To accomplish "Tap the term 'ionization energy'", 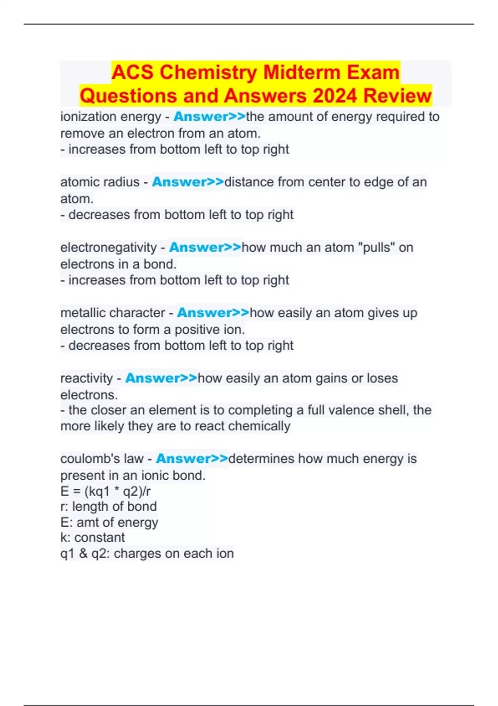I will point(110,117).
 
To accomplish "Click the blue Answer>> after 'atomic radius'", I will point(188,182).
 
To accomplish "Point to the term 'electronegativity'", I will point(108,248).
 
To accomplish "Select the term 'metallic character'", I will point(112,313).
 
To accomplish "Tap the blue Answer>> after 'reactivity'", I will point(161,378).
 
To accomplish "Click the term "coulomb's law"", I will point(102,459).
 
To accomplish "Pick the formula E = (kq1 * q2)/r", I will point(105,491).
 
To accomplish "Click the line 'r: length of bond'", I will point(108,507).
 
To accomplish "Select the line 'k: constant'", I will point(92,537).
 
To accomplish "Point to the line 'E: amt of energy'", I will point(109,522).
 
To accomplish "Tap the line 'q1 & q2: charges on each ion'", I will point(147,554).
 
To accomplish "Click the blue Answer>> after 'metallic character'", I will point(213,313).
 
